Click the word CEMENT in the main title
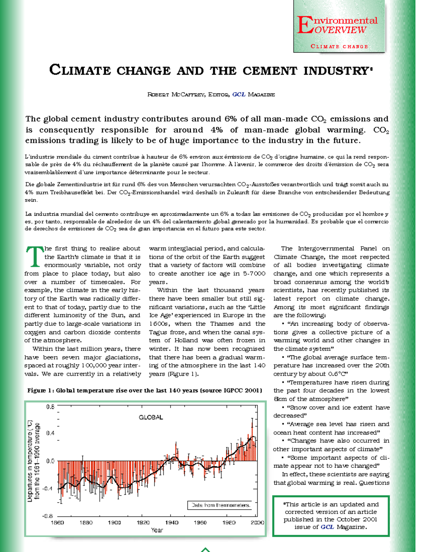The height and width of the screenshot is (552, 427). pos(269,70)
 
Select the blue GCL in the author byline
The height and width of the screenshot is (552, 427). pos(239,95)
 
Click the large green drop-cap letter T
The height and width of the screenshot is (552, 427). pos(34,257)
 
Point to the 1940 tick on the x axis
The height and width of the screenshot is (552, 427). pos(172,522)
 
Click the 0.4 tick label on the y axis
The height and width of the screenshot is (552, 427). pos(50,433)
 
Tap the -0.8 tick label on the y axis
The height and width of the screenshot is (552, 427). pos(48,516)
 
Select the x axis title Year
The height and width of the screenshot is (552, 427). pos(157,530)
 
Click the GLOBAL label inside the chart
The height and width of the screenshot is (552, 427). pos(151,417)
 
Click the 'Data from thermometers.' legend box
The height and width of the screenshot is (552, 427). pos(221,505)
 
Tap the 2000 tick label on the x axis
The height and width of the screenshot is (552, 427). pos(257,522)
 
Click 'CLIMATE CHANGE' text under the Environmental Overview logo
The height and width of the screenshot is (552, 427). pos(339,47)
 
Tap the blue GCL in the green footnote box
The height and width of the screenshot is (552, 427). pos(327,527)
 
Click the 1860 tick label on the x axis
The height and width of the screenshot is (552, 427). pos(57,522)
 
